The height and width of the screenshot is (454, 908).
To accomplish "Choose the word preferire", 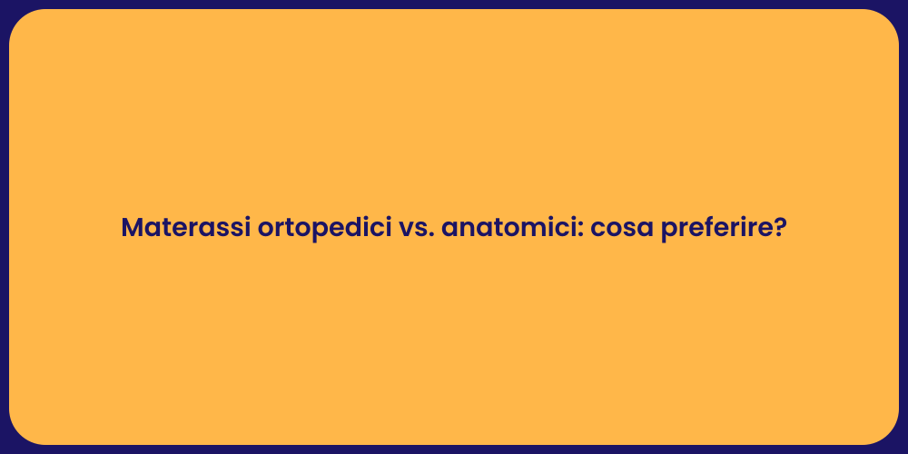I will click(x=716, y=229).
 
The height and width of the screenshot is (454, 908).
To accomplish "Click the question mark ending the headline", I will click(x=779, y=228).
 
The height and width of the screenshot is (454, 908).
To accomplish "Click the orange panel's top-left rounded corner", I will click(x=20, y=20).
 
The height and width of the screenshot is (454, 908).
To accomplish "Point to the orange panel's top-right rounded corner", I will click(x=888, y=20).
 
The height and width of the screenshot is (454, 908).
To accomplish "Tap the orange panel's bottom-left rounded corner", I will click(x=20, y=434).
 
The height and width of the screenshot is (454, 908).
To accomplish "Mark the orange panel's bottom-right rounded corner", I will click(x=888, y=434).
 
